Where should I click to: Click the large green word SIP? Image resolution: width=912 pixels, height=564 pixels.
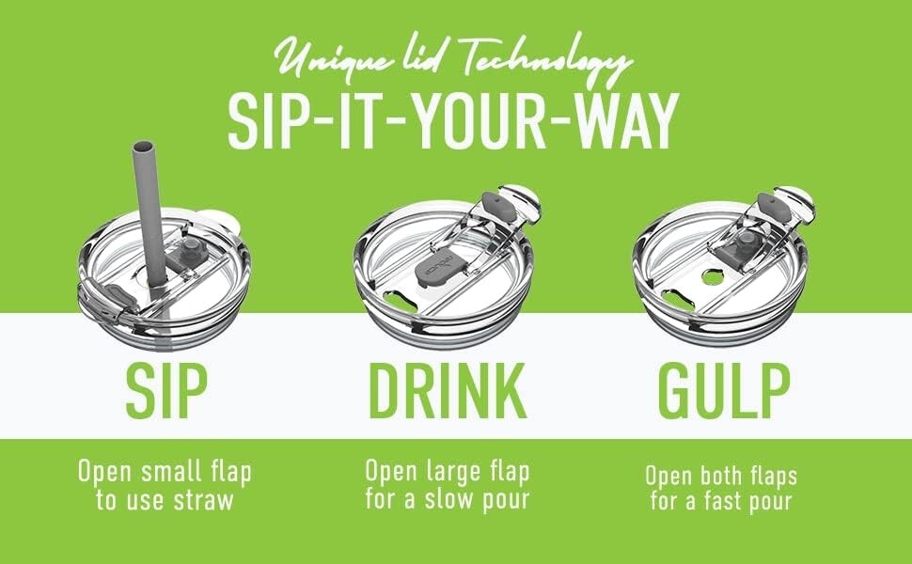(167, 391)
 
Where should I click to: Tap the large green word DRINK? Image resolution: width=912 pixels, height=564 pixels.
(448, 391)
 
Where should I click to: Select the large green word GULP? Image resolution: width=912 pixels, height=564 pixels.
(724, 391)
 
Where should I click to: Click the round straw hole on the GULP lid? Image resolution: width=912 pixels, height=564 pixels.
(712, 276)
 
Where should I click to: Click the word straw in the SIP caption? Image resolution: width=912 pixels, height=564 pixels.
(203, 501)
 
